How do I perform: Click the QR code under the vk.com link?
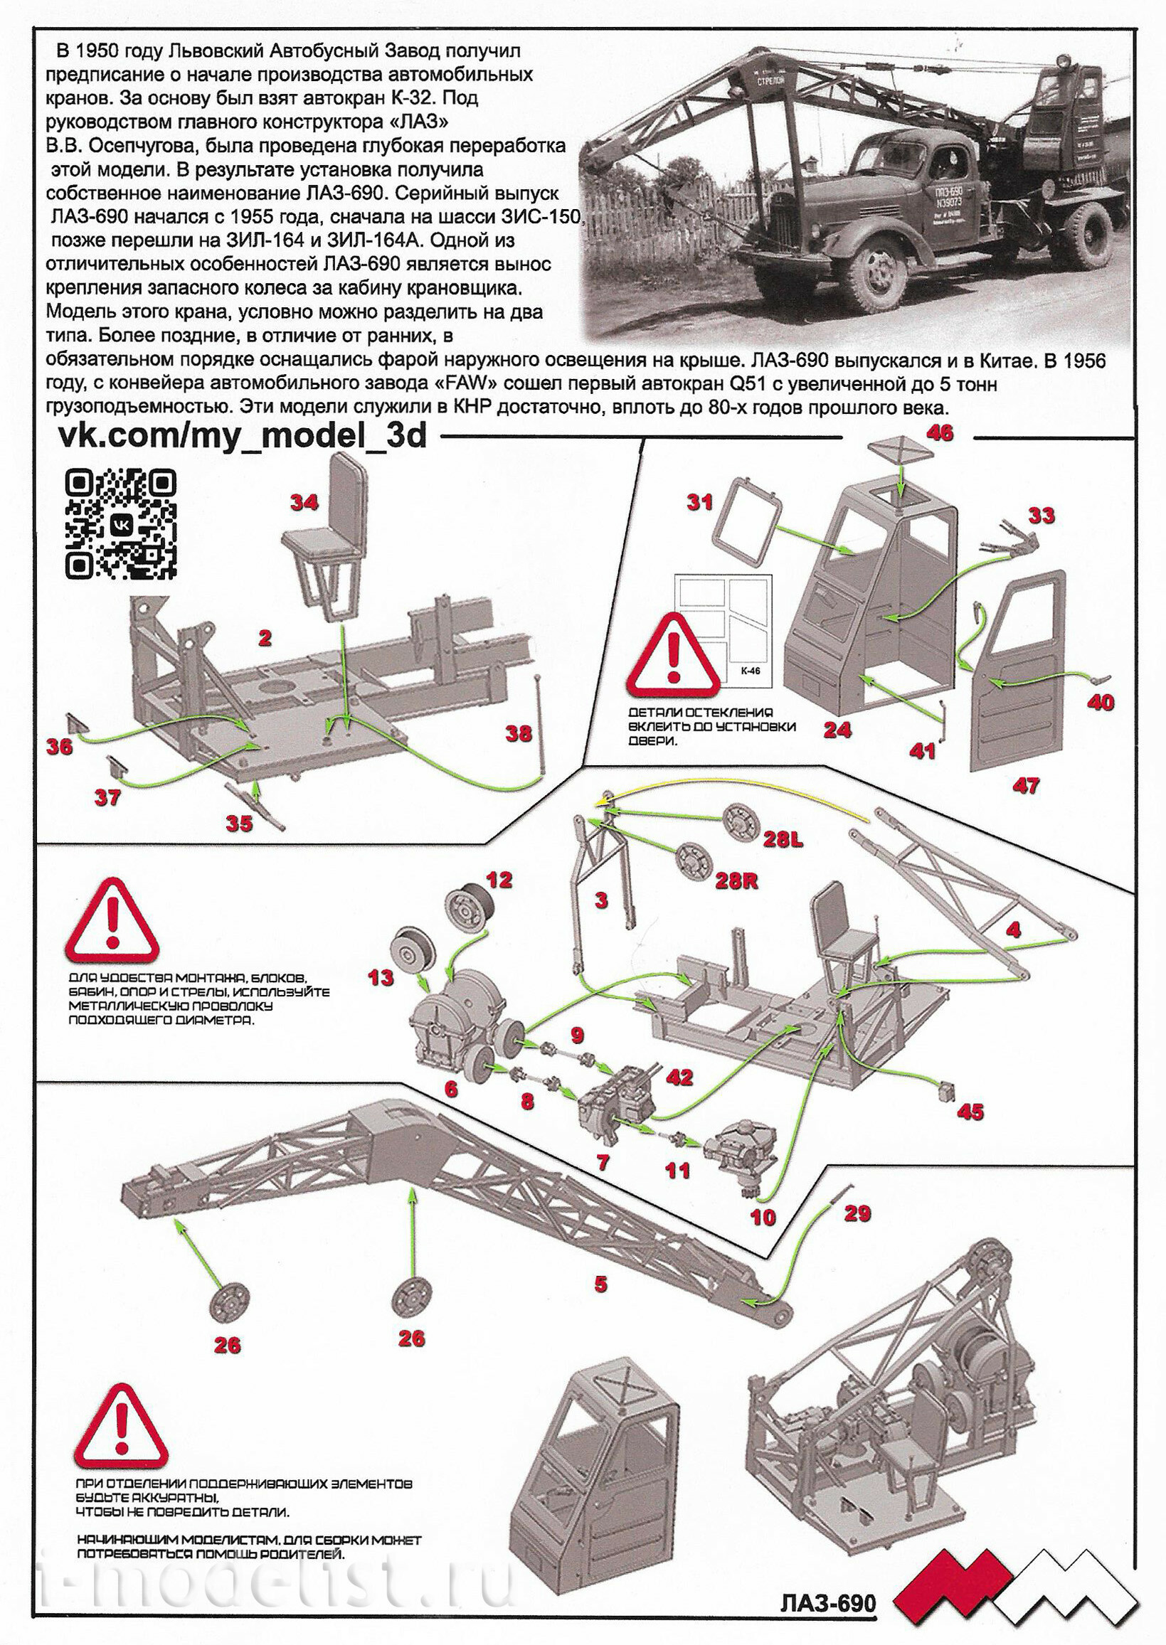(x=121, y=525)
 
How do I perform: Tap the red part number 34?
(x=304, y=502)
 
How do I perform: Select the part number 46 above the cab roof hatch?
(x=940, y=432)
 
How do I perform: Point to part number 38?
(x=519, y=733)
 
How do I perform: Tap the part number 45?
(x=970, y=1112)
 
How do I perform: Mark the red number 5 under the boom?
(x=601, y=1283)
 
